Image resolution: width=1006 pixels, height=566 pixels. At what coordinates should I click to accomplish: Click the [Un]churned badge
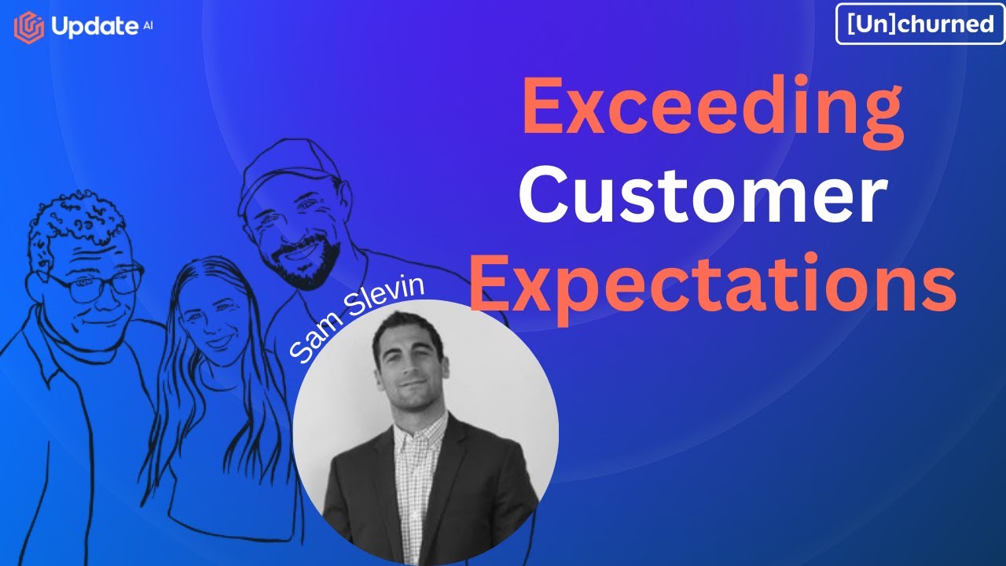(x=920, y=24)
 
